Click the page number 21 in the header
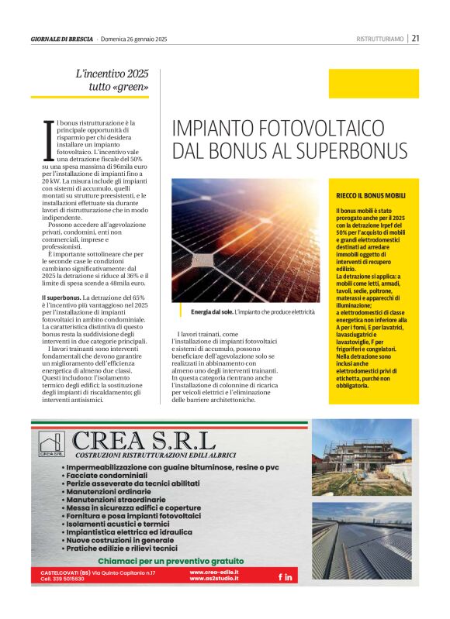point(415,38)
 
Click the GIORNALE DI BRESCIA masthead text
point(62,39)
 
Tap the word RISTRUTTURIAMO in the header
point(380,39)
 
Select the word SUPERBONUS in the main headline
point(321,150)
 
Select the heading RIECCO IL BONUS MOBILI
point(371,197)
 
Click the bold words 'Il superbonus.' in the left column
point(61,297)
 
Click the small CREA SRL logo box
point(50,445)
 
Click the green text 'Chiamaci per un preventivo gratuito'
point(171,561)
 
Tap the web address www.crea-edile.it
point(213,572)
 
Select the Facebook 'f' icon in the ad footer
point(280,577)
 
